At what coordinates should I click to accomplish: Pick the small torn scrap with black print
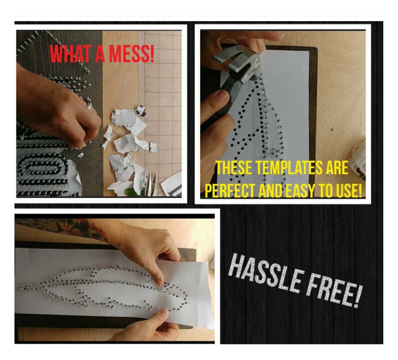click(142, 109)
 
